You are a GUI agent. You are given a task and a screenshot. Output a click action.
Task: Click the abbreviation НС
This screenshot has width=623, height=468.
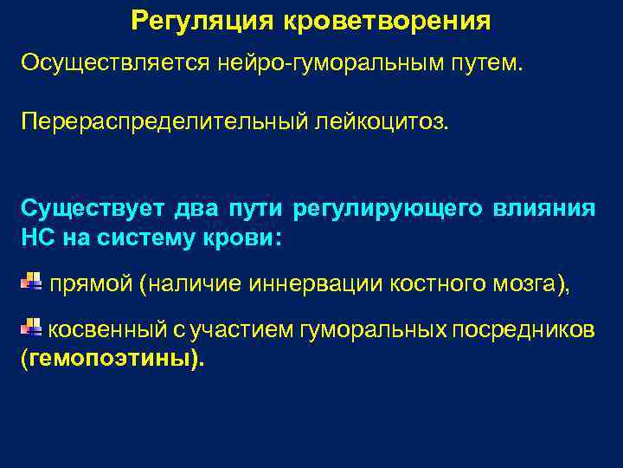click(38, 237)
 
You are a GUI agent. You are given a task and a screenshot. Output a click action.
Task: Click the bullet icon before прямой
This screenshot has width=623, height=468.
click(30, 281)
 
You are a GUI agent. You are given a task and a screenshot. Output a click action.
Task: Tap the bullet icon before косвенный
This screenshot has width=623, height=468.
click(30, 328)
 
